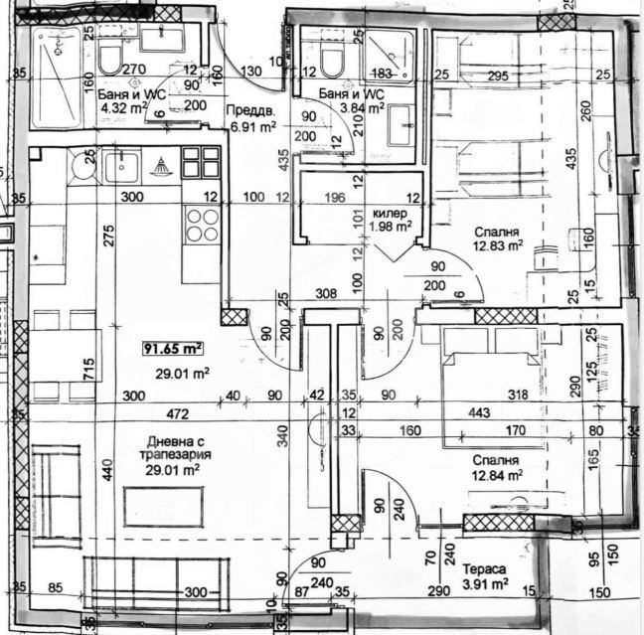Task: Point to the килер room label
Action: (390, 214)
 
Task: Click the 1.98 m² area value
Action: (392, 227)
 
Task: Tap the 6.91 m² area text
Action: (250, 127)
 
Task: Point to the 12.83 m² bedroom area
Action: (496, 248)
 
